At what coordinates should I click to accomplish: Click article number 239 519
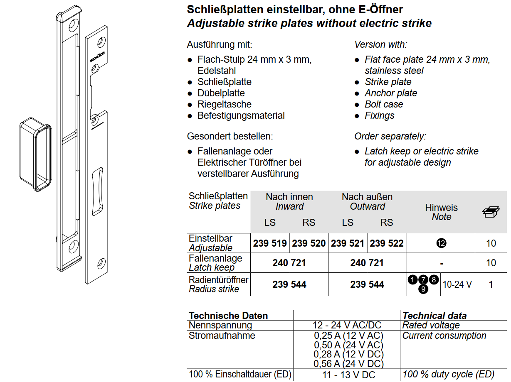pos(270,243)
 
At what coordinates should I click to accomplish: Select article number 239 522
pos(386,243)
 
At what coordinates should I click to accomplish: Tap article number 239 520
pos(309,243)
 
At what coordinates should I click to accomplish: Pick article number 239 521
pos(348,243)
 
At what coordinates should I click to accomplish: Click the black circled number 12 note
pos(441,243)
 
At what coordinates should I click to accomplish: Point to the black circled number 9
pos(423,289)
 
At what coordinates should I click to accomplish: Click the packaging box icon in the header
pos(491,212)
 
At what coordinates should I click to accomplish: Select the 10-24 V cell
pos(457,284)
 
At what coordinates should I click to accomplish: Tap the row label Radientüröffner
pos(218,280)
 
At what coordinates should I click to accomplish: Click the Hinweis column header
pos(441,208)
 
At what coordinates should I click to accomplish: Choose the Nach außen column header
pos(367,197)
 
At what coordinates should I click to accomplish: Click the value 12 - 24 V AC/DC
pos(347,326)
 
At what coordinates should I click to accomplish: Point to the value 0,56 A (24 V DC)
pos(348,364)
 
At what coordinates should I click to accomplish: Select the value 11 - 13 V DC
pos(348,375)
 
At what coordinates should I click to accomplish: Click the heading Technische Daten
pos(228,316)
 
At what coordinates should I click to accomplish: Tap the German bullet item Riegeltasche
pos(225,104)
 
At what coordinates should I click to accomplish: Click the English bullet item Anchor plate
pos(391,93)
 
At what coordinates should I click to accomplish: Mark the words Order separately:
pos(390,136)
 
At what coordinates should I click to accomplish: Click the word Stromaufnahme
pos(222,335)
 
